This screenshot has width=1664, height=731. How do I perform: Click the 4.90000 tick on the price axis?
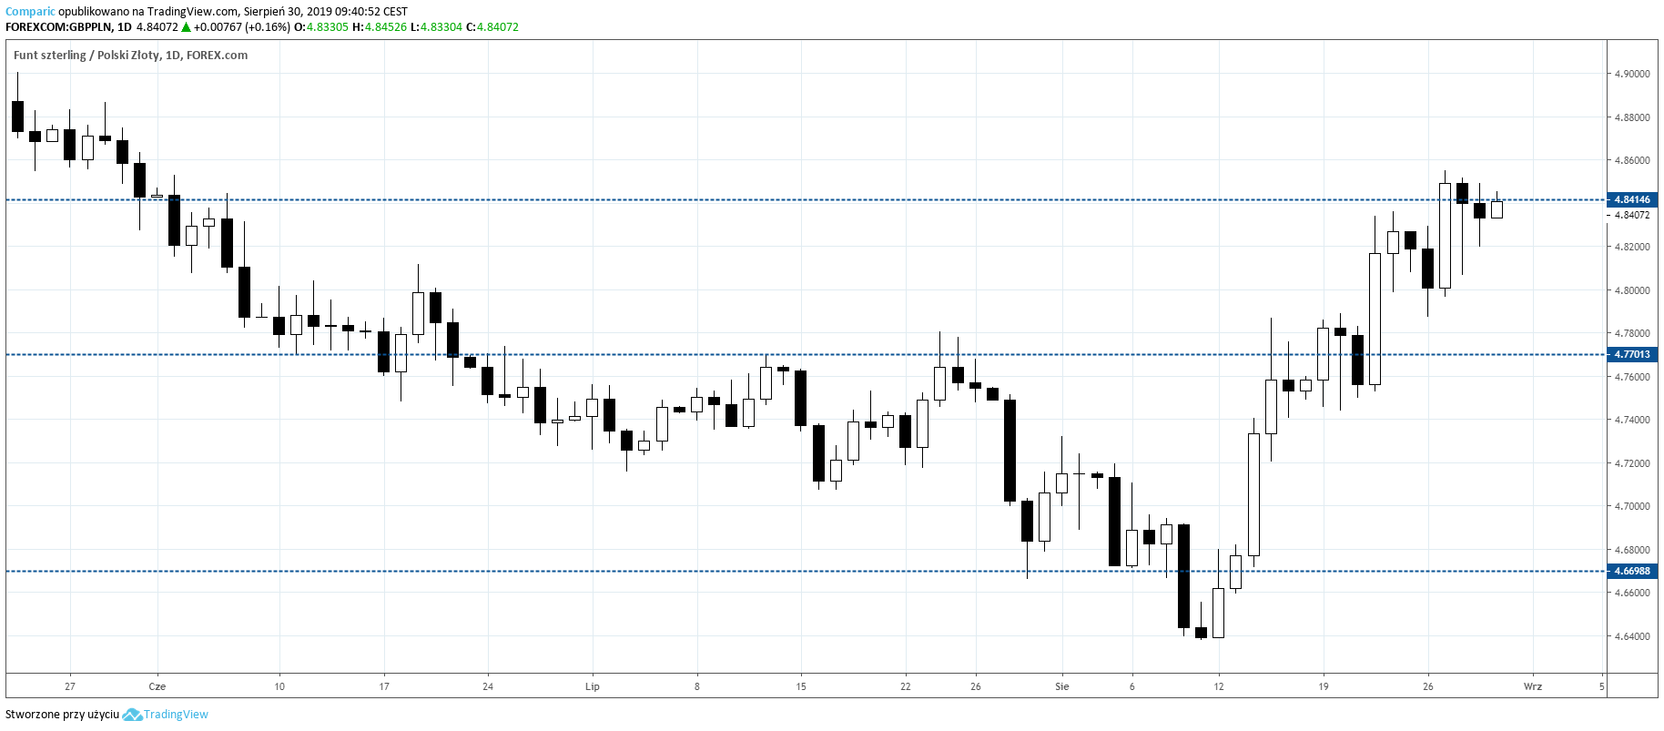point(1631,74)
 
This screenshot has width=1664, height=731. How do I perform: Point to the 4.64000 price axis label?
point(1631,636)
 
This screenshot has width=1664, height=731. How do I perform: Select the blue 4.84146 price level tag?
point(1631,199)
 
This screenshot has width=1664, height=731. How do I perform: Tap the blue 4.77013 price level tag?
point(1631,354)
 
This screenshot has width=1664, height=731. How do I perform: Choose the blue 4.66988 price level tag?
point(1631,571)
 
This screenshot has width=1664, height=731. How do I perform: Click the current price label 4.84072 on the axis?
point(1631,215)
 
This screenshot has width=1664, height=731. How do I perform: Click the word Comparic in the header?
point(30,12)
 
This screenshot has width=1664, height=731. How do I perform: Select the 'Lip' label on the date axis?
point(593,686)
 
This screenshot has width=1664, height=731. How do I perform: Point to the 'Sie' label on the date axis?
point(1062,686)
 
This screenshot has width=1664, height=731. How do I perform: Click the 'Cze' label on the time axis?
point(157,686)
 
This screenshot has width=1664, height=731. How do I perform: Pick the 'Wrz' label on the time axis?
point(1533,686)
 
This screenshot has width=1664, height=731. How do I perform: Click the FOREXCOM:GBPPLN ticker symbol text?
point(59,27)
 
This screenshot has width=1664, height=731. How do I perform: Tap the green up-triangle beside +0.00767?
point(186,27)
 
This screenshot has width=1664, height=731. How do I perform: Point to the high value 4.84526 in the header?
point(385,27)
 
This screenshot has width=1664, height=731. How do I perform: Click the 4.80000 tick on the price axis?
point(1631,290)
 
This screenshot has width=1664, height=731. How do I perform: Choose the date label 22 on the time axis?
point(905,686)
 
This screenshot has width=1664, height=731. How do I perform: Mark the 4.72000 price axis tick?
point(1631,463)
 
